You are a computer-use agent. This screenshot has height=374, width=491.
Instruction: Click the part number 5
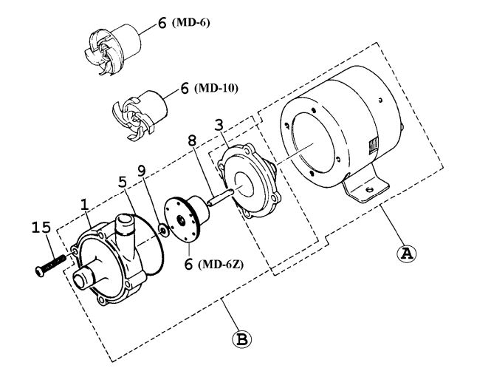122,180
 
